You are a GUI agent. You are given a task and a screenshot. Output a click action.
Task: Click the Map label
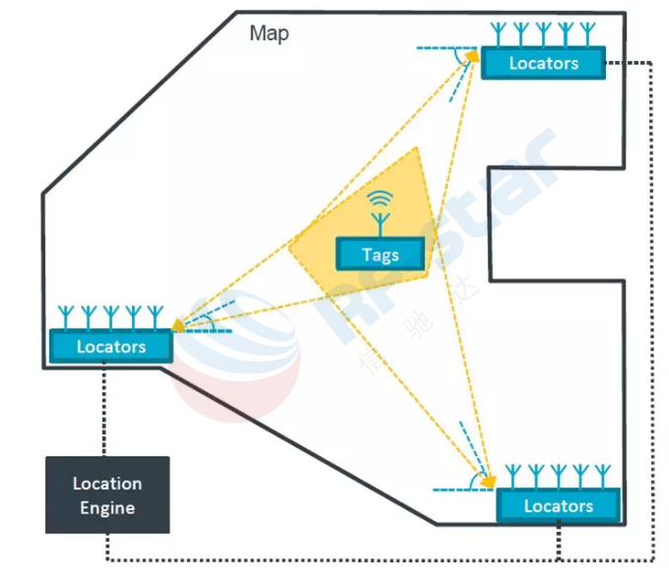coord(269,33)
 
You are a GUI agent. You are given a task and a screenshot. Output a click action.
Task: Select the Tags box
coord(380,254)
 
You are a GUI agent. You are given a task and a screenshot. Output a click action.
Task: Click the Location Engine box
coord(107,495)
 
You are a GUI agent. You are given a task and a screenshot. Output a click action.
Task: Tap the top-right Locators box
coord(543,63)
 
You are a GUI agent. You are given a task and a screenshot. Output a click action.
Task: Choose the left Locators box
coord(111,347)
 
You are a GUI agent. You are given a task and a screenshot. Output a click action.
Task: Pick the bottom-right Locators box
coord(558,505)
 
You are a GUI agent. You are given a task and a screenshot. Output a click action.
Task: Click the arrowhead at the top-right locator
coord(472,56)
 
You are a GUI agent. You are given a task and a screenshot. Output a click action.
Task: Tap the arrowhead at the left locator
coord(179,325)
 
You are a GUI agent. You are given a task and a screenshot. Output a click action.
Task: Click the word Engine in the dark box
coord(107,508)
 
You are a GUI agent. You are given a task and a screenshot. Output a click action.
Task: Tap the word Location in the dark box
coord(107,484)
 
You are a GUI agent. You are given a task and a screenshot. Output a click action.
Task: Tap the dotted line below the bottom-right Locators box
coord(559,542)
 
